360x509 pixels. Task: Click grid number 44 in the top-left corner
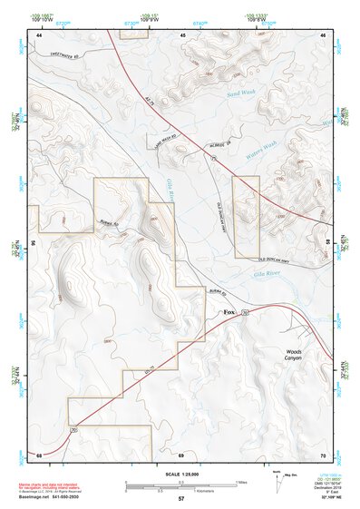point(39,34)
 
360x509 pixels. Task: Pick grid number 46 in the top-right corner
point(324,34)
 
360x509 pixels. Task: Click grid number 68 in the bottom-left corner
point(39,454)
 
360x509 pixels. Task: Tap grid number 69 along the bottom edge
point(181,454)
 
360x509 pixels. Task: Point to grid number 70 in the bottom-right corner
point(324,454)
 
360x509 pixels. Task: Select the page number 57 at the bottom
point(180,499)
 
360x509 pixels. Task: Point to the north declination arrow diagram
point(277,483)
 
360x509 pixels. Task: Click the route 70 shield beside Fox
point(247,311)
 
